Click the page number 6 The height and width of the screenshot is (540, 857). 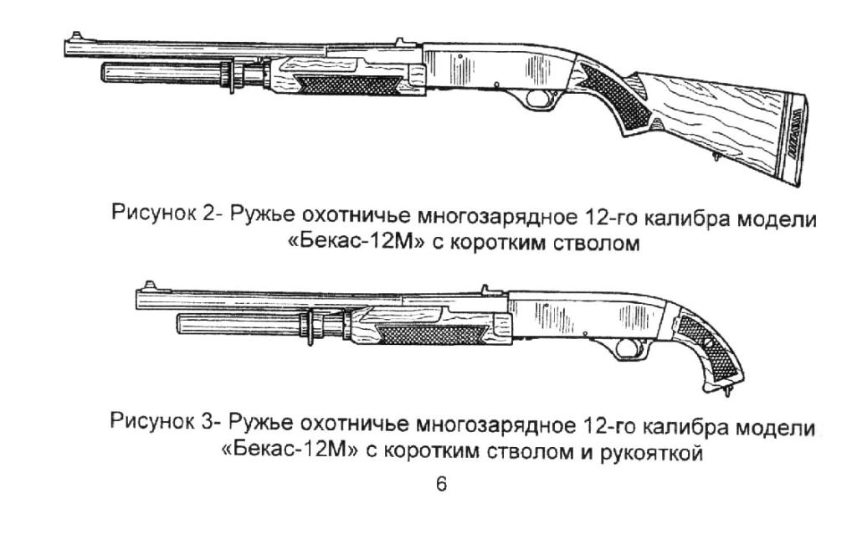point(441,484)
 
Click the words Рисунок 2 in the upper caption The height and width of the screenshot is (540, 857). point(163,212)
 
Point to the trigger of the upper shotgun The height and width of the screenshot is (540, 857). point(536,100)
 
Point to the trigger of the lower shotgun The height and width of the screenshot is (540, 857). point(623,347)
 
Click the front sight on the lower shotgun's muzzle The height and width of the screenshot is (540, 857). point(147,285)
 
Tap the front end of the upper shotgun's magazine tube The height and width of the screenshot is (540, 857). point(103,73)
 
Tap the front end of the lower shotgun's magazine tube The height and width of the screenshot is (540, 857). point(179,323)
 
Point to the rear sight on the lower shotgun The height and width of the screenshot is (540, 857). point(485,289)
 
